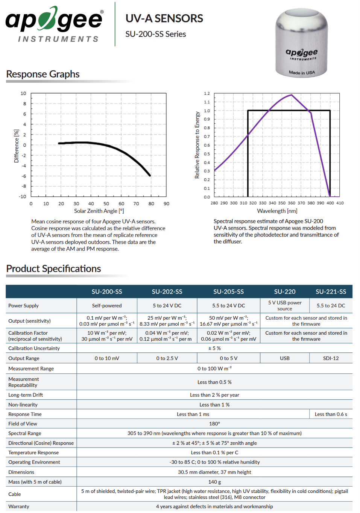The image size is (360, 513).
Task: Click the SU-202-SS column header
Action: (167, 291)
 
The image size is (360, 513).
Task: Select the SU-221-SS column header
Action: (331, 291)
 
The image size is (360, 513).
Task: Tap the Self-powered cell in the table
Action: (107, 305)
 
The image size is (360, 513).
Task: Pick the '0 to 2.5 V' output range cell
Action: (167, 358)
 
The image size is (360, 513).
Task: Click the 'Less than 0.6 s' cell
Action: (331, 414)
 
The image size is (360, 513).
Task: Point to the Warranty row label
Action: (19, 506)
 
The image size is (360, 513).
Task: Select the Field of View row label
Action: (23, 424)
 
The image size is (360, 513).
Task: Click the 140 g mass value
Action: (214, 482)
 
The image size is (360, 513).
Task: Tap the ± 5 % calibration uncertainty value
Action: (214, 348)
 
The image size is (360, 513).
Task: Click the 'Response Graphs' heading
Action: (43, 74)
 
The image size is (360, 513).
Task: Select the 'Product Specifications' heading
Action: (53, 269)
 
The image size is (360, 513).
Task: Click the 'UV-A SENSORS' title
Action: (164, 18)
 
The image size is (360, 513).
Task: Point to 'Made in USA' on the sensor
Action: (302, 73)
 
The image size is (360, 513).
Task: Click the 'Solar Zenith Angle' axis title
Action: (99, 211)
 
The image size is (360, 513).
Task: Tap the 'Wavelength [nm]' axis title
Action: (277, 211)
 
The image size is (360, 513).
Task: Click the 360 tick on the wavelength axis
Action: (292, 203)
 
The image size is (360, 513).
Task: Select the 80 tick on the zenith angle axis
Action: (151, 203)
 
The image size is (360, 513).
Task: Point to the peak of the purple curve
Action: (292, 94)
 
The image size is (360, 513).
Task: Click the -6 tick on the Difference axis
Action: (24, 176)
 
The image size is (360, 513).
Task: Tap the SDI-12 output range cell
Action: (331, 358)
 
